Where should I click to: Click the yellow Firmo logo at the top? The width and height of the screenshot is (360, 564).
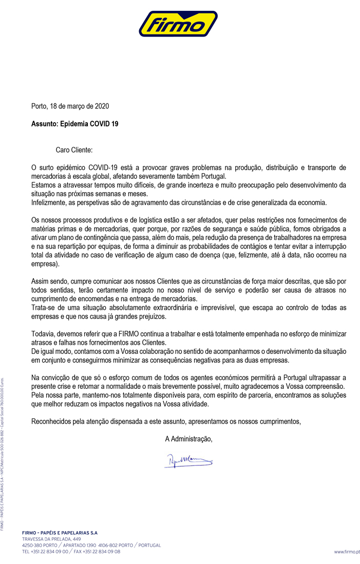[x=180, y=24]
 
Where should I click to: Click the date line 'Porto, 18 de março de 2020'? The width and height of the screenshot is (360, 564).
[x=70, y=106]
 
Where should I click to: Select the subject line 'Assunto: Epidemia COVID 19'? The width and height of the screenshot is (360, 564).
[x=75, y=124]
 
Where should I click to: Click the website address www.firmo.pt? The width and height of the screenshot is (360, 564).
[x=347, y=552]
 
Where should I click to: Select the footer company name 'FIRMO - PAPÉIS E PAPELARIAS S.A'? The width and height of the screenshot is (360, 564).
[x=60, y=533]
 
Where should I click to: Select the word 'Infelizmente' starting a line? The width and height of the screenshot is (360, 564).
[x=49, y=202]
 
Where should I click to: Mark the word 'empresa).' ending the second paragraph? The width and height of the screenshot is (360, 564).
[x=46, y=264]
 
